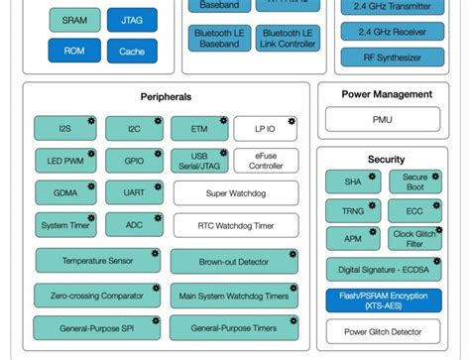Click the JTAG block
tap(132, 20)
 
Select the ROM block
tap(74, 51)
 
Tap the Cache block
tap(132, 51)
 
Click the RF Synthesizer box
tap(392, 58)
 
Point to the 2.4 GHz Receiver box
tap(392, 32)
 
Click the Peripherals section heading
tap(166, 97)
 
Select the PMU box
tap(382, 119)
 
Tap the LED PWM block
tap(64, 161)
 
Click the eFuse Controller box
tap(265, 161)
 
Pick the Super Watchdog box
tap(235, 193)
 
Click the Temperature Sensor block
tap(97, 261)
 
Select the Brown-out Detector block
tap(233, 262)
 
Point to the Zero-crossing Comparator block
tap(95, 296)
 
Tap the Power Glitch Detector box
tap(384, 332)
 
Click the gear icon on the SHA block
tap(372, 175)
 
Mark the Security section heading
tap(385, 159)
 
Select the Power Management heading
tap(387, 95)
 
